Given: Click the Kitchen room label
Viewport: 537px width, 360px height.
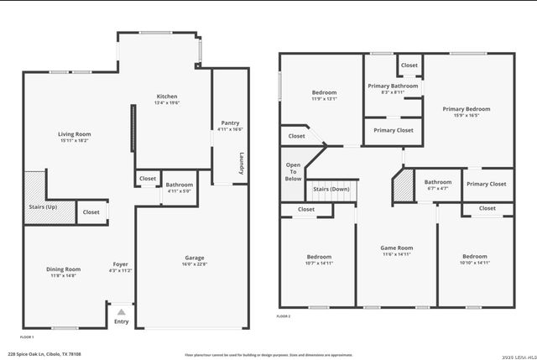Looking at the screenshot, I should (x=167, y=97).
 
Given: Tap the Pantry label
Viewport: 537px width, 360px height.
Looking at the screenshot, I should (x=230, y=123).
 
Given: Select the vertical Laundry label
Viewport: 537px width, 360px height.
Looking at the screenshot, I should (x=242, y=163).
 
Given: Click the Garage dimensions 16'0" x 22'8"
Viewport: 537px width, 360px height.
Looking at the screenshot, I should (x=195, y=264).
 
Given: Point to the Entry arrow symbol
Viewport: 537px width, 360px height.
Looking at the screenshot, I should (x=122, y=311).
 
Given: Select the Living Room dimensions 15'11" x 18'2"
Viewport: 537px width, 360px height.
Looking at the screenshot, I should (x=75, y=141).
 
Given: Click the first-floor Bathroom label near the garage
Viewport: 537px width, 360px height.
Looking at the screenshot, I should (x=179, y=185).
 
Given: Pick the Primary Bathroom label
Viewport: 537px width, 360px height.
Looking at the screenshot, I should (x=393, y=86).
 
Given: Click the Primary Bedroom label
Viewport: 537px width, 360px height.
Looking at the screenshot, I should (x=467, y=109).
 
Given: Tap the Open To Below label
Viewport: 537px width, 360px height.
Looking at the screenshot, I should (x=293, y=171).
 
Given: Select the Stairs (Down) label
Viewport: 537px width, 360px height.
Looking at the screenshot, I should (x=331, y=190).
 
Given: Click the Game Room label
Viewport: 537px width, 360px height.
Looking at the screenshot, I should (x=397, y=248).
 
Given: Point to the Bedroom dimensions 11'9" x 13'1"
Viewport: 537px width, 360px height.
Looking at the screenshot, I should (x=325, y=99).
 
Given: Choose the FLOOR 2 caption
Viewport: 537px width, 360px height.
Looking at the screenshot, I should (x=284, y=316).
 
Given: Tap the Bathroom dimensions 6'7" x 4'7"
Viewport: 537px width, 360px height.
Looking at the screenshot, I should (x=437, y=189).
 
